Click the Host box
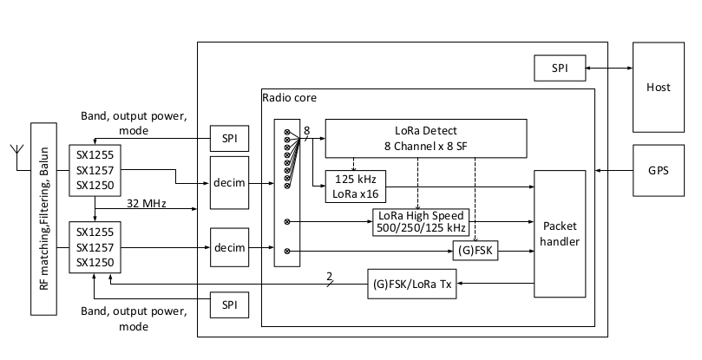point(658,88)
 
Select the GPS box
point(658,170)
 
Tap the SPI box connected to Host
point(560,68)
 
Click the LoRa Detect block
point(426,138)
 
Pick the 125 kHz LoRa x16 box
point(356,187)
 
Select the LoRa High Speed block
point(421,222)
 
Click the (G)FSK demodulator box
point(475,251)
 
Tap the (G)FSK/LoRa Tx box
point(412,284)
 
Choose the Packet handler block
point(560,233)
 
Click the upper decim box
point(229,183)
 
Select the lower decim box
point(229,247)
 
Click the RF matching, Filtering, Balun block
point(44,219)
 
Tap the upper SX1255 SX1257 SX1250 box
point(95,170)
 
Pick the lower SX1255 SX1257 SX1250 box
point(95,247)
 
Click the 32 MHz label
point(147,203)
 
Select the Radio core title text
point(289,98)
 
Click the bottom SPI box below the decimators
point(229,305)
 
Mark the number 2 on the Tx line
point(330,276)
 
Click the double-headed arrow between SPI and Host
point(609,68)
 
